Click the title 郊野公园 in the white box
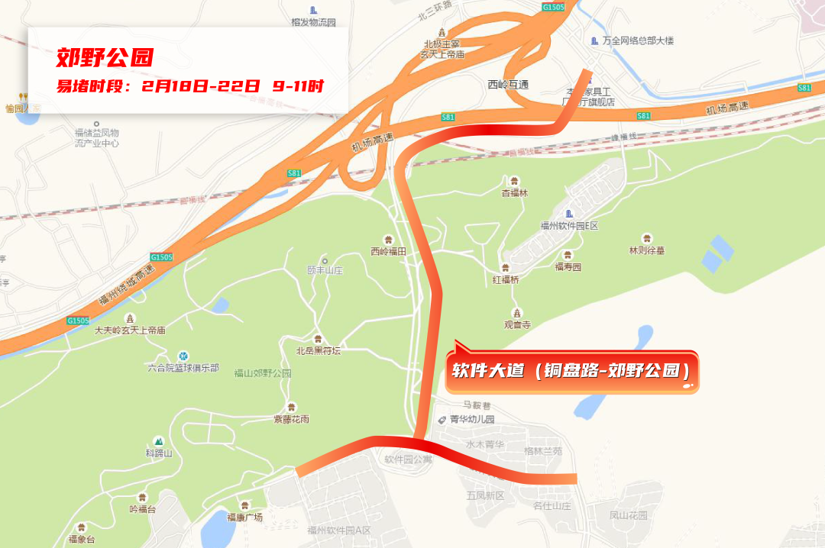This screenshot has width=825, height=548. tap(105, 57)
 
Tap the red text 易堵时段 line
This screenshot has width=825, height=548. tap(189, 85)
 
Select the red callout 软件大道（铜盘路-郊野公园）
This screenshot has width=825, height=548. tap(571, 372)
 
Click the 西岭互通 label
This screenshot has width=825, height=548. tap(508, 84)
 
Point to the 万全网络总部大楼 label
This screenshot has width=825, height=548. tap(638, 40)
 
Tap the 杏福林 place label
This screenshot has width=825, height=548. tap(514, 193)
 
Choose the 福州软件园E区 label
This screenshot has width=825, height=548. tap(568, 226)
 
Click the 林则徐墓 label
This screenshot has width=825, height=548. tap(646, 250)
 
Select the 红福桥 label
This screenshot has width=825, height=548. tap(506, 279)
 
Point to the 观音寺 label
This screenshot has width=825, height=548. tap(516, 324)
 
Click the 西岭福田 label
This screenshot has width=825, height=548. tap(388, 251)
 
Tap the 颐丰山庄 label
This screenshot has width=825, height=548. tap(325, 270)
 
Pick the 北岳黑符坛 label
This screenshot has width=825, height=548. tap(318, 350)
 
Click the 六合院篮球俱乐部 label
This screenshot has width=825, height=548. tap(183, 368)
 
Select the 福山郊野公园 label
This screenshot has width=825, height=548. tap(263, 373)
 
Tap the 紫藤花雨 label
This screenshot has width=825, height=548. tap(291, 419)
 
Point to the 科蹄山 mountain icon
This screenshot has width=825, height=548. tap(159, 441)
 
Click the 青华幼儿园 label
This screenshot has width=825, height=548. tap(471, 419)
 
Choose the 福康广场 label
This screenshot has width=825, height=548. tap(244, 517)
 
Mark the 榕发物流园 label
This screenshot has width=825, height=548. tap(313, 22)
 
